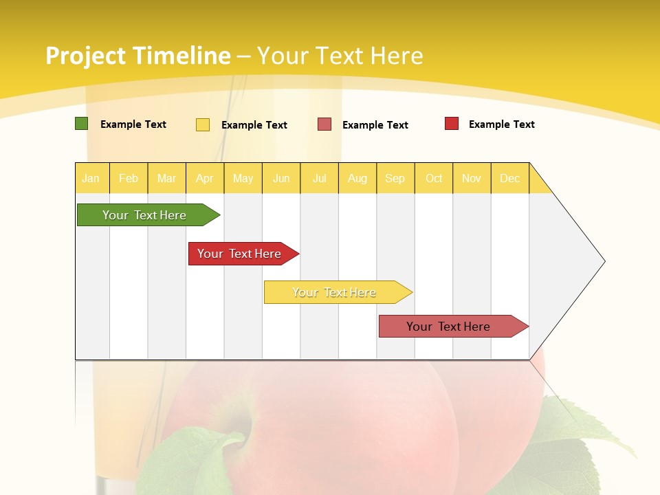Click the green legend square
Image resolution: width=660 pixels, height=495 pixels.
pos(81,124)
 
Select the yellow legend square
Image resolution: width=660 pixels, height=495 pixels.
pos(203,124)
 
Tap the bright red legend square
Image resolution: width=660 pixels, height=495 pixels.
pos(452,124)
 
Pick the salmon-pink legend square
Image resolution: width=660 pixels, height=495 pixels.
pos(324,124)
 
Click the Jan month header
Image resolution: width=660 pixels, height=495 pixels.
pos(91,178)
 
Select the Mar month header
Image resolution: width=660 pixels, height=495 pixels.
pos(166,178)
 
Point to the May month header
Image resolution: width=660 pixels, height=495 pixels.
pos(243,178)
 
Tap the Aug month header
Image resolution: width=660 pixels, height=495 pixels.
pos(357,178)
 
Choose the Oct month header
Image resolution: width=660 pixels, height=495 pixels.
pos(434,178)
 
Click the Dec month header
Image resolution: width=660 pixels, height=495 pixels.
pos(509,178)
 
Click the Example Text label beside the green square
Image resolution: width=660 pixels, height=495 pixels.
pos(133,124)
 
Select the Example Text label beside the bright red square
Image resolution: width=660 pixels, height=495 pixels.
pos(501,124)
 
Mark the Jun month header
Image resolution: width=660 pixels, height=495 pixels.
pos(281,178)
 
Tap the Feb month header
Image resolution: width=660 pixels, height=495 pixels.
pos(129,178)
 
